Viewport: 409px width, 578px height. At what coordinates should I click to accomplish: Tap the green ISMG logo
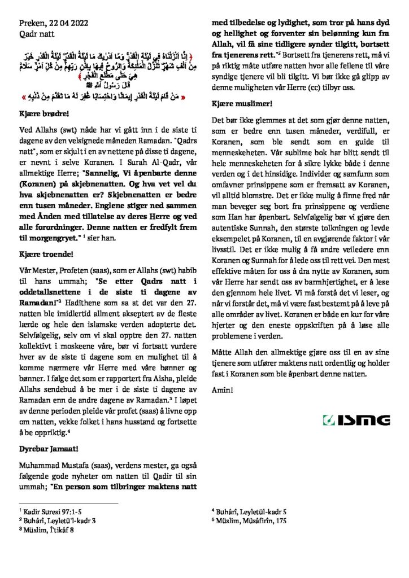(x=355, y=421)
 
